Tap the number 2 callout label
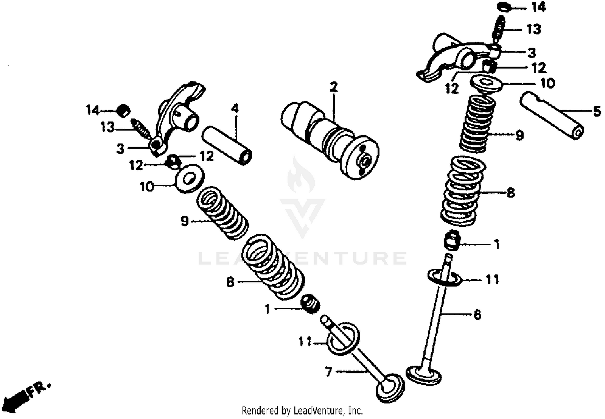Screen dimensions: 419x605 [x=333, y=87]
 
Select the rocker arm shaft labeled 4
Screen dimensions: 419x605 [x=227, y=145]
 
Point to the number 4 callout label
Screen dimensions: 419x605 [x=235, y=108]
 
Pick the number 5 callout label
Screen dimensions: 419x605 [x=597, y=112]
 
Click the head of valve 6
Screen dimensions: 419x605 [x=423, y=373]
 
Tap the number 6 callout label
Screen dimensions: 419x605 [x=477, y=314]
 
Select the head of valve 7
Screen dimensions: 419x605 [x=390, y=388]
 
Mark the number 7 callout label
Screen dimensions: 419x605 [x=329, y=371]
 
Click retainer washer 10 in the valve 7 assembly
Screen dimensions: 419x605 [x=188, y=178]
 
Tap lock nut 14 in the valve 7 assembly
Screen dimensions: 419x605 [x=124, y=110]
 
